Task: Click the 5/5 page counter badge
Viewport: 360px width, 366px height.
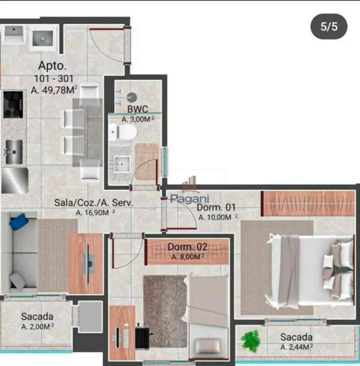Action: (x=329, y=27)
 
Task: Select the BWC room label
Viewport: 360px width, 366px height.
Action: (x=138, y=109)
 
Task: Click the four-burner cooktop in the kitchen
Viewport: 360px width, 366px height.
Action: (x=13, y=104)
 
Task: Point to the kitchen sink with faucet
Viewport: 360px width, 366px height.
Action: (x=14, y=152)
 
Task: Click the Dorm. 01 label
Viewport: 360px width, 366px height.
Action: (x=216, y=208)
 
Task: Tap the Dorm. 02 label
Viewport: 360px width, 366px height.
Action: (x=188, y=247)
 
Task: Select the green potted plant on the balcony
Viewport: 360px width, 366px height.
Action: (x=251, y=340)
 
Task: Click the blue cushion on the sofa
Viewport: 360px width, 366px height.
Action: (x=19, y=222)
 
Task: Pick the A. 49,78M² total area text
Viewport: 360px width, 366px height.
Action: (x=54, y=90)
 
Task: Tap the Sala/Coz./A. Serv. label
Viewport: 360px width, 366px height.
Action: (x=93, y=202)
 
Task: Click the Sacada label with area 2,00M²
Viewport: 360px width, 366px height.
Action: (x=37, y=317)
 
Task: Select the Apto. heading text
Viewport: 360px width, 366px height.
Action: (x=53, y=66)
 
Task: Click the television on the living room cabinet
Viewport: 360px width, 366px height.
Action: (x=88, y=264)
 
